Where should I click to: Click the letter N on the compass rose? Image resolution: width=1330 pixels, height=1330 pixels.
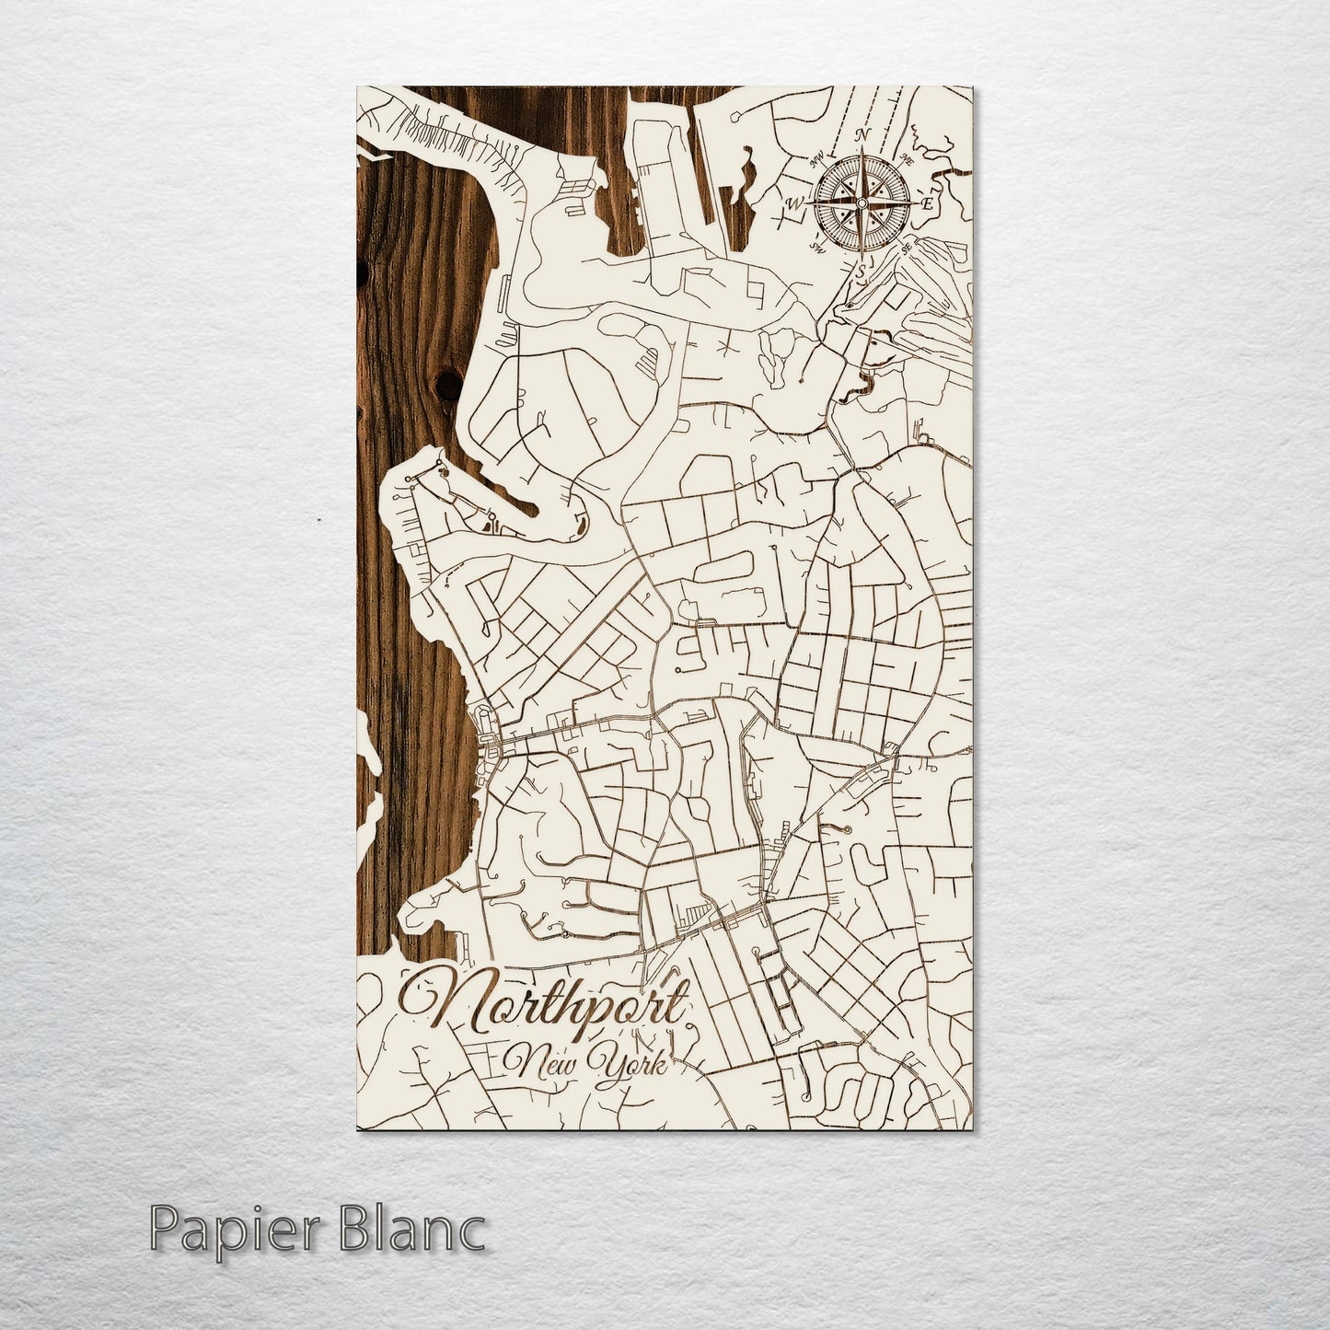[x=863, y=135]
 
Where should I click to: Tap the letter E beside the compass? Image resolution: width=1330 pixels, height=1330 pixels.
[x=930, y=202]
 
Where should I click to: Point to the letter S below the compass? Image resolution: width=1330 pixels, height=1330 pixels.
[x=862, y=272]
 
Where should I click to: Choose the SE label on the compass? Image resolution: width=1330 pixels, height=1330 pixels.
[x=908, y=247]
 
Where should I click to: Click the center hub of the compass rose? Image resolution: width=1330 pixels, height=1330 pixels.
[x=862, y=202]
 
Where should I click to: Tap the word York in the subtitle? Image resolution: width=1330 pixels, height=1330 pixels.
[x=631, y=1068]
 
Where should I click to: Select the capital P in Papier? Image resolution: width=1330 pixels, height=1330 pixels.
[x=164, y=1229]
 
